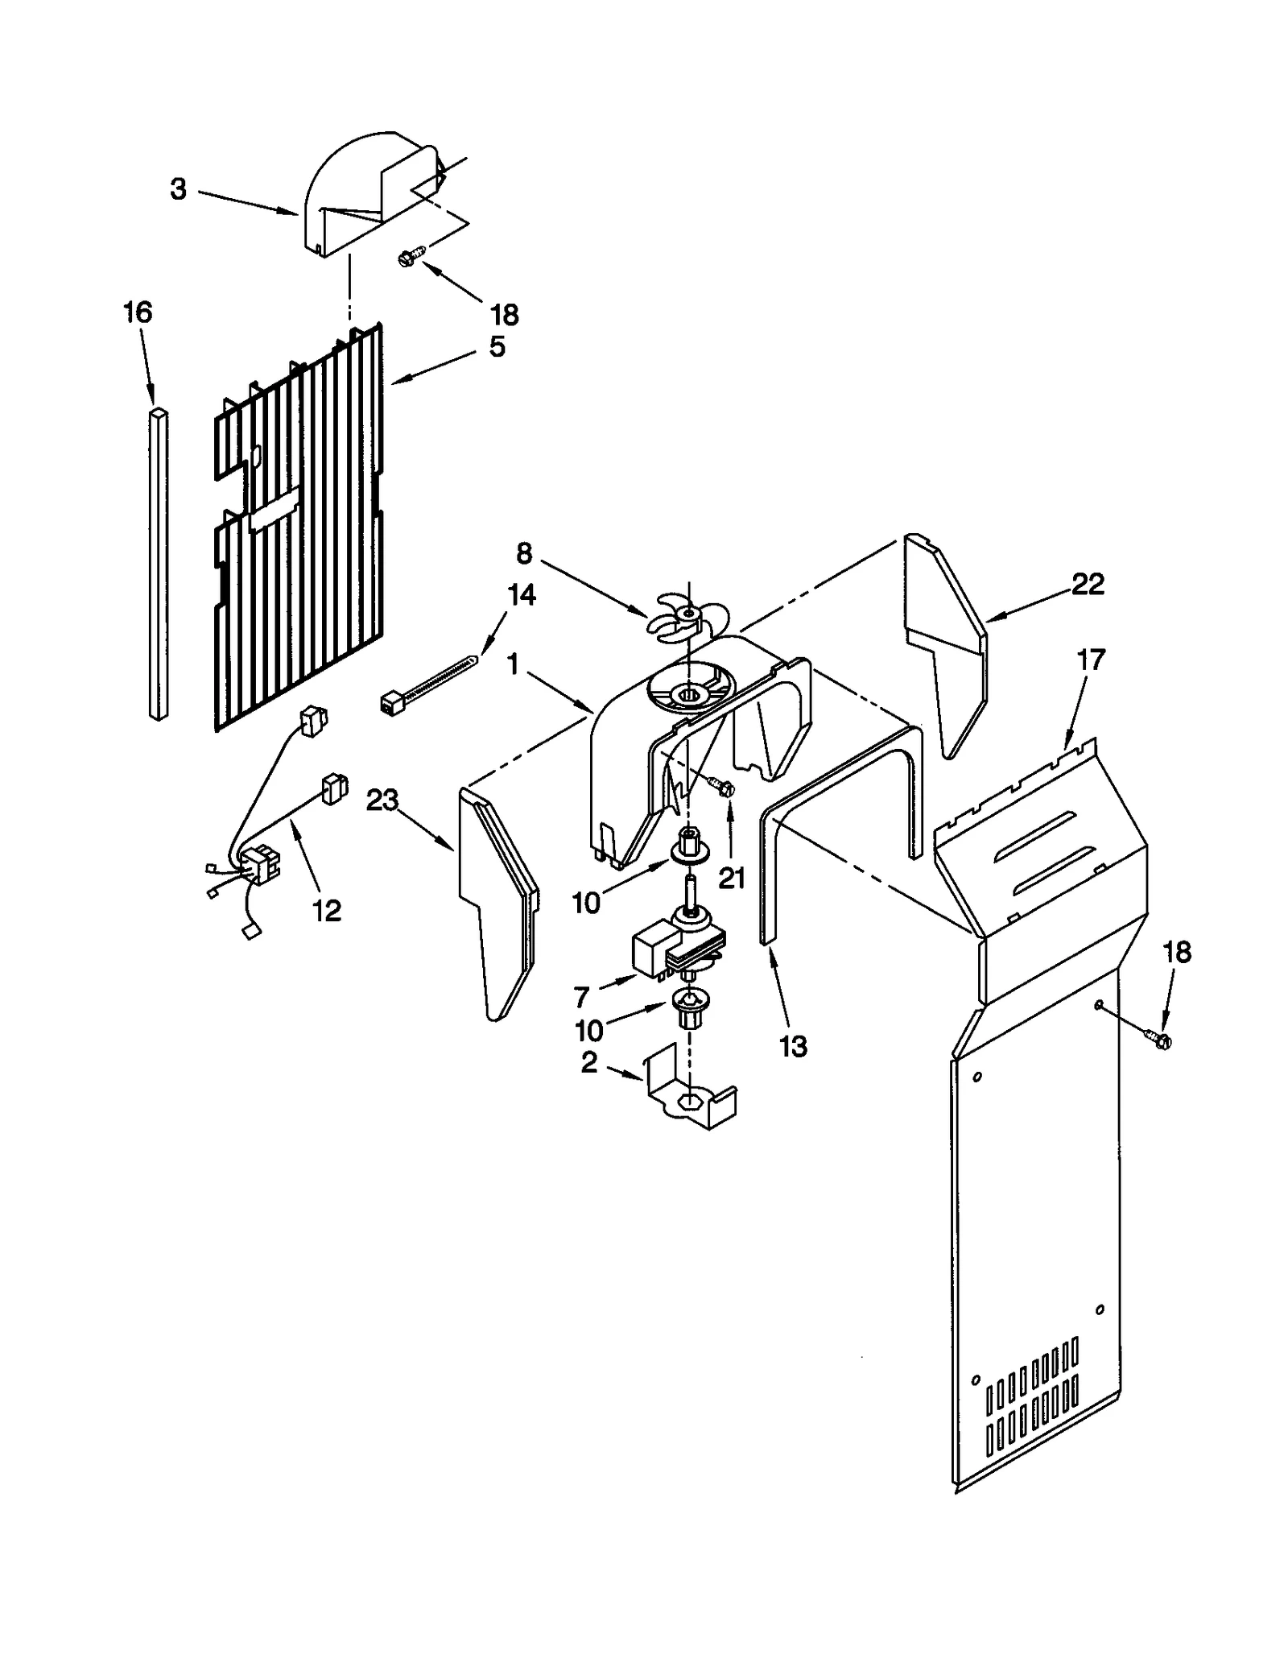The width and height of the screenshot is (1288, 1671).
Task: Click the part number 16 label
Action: coord(138,312)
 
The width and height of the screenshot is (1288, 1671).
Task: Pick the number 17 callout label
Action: coord(1091,660)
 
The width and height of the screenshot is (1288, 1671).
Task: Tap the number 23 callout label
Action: coord(382,800)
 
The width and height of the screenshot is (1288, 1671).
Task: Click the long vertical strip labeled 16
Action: coord(159,564)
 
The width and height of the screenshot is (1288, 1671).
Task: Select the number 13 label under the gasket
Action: coord(793,1046)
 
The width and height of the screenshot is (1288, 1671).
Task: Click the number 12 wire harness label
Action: coord(326,910)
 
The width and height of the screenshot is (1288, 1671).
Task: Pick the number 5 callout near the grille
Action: coord(497,347)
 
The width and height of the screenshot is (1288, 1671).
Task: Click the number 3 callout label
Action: coord(178,189)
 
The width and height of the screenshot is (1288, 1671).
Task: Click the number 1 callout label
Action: coord(512,665)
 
